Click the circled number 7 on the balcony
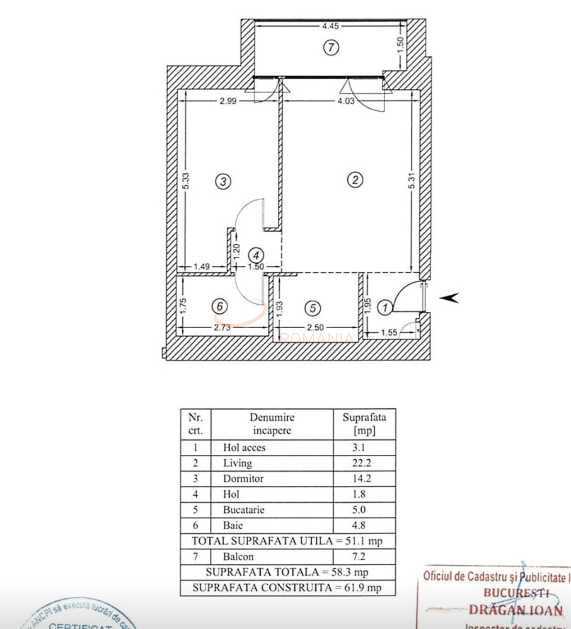tap(331, 47)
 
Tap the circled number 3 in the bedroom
tap(223, 181)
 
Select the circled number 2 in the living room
tap(355, 180)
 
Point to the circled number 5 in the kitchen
tap(313, 308)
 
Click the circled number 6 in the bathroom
tap(220, 306)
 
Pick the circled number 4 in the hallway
tap(256, 255)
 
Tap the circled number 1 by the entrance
tap(385, 307)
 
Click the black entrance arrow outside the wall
tap(449, 298)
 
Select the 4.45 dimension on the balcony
tap(330, 26)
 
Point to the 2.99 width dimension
tap(228, 101)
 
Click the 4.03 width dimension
tap(346, 101)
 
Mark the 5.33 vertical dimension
tap(186, 181)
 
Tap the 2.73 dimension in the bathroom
tap(222, 327)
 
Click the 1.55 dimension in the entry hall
tap(389, 332)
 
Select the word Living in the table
tap(238, 463)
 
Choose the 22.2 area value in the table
tap(362, 463)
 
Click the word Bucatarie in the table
tap(243, 509)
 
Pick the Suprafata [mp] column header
tap(364, 423)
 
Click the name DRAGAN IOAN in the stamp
tap(516, 610)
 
